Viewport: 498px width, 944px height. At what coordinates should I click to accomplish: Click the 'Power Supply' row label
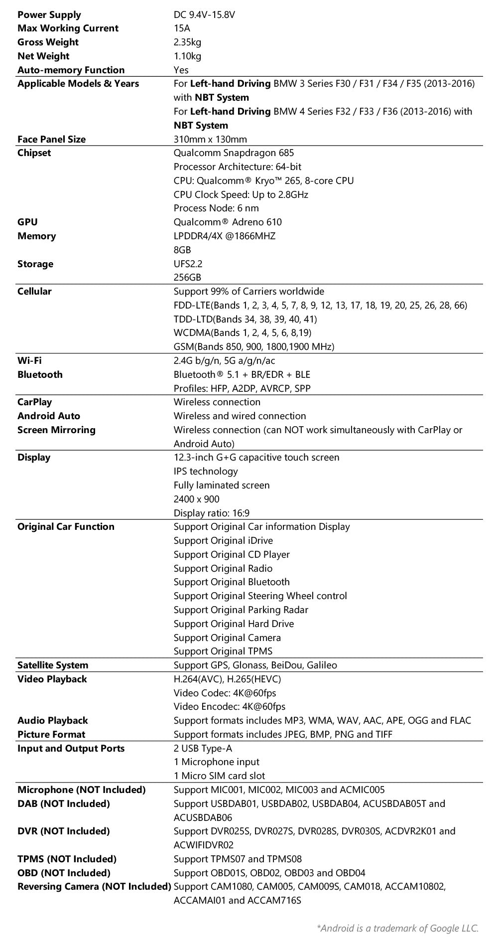pyautogui.click(x=49, y=14)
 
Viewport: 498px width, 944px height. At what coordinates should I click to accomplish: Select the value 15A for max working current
pyautogui.click(x=182, y=28)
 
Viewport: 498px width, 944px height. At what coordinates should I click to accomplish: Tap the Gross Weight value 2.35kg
pyautogui.click(x=187, y=42)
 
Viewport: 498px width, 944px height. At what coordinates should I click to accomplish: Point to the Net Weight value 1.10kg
pyautogui.click(x=187, y=56)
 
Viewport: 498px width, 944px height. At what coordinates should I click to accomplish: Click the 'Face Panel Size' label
pyautogui.click(x=51, y=139)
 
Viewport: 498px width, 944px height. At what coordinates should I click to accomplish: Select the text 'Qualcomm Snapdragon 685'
pyautogui.click(x=234, y=153)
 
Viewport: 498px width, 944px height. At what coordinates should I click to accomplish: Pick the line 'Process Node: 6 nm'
pyautogui.click(x=216, y=208)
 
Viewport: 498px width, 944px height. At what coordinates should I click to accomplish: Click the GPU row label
pyautogui.click(x=27, y=222)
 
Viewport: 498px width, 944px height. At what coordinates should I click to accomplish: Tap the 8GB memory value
pyautogui.click(x=182, y=250)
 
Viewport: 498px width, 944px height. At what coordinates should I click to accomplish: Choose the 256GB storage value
pyautogui.click(x=187, y=277)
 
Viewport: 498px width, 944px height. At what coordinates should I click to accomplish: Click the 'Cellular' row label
pyautogui.click(x=34, y=291)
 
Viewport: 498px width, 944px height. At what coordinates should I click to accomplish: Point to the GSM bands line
pyautogui.click(x=254, y=346)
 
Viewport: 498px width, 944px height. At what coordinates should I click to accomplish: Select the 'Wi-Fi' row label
pyautogui.click(x=29, y=360)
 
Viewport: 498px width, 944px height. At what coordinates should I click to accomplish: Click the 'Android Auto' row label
pyautogui.click(x=48, y=416)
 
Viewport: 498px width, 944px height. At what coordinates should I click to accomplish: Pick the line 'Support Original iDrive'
pyautogui.click(x=223, y=540)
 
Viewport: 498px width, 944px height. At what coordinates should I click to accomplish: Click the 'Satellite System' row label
pyautogui.click(x=52, y=665)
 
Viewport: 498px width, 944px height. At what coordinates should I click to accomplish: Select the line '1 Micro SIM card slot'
pyautogui.click(x=219, y=776)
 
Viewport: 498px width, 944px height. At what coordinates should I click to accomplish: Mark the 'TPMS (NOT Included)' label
pyautogui.click(x=67, y=859)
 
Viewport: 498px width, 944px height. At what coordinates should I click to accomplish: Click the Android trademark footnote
pyautogui.click(x=397, y=928)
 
